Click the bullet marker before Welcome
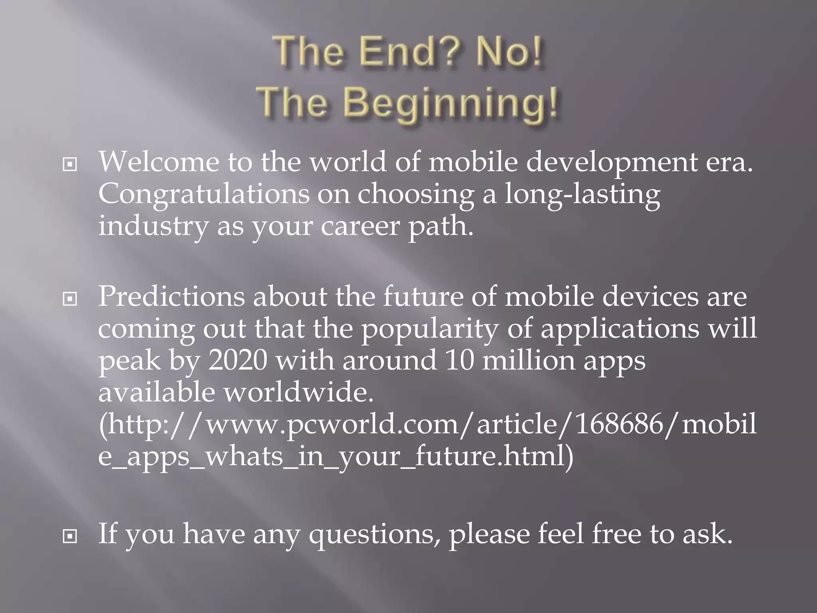click(x=70, y=164)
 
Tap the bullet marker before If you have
click(x=70, y=536)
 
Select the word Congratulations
click(x=203, y=194)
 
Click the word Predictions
click(x=171, y=297)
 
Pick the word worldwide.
click(x=298, y=392)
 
